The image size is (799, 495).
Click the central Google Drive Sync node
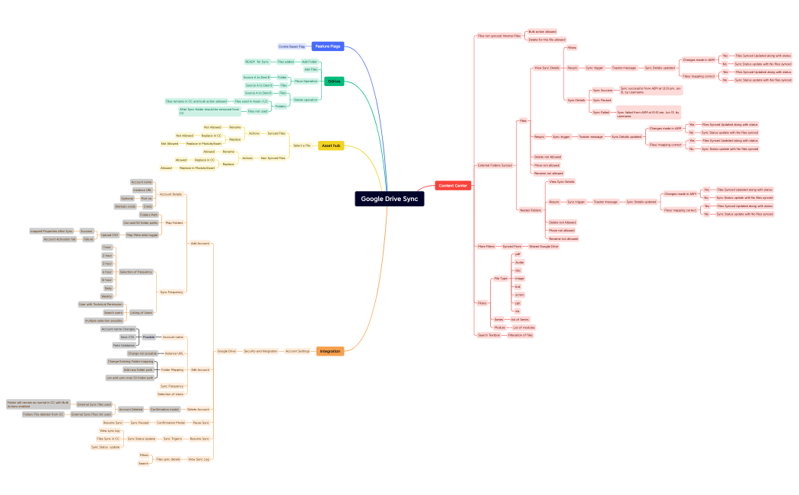click(388, 199)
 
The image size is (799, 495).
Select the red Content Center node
click(454, 185)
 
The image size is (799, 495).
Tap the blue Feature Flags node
click(327, 46)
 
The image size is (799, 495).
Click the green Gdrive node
click(333, 81)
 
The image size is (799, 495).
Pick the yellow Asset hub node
click(330, 145)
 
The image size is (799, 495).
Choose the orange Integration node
click(330, 351)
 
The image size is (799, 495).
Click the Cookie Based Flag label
click(290, 46)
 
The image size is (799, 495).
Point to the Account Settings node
click(298, 351)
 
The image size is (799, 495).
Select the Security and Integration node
click(261, 351)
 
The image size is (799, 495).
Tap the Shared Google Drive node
click(544, 247)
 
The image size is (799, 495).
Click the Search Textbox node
click(489, 335)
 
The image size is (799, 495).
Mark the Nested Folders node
click(530, 210)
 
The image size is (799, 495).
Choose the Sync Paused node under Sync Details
click(601, 100)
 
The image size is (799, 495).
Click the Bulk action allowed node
click(542, 31)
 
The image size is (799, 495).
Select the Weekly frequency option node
click(107, 297)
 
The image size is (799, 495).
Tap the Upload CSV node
click(110, 235)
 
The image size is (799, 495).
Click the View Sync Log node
click(199, 459)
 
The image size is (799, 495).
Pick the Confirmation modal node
click(164, 409)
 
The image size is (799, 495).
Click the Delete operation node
click(305, 100)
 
